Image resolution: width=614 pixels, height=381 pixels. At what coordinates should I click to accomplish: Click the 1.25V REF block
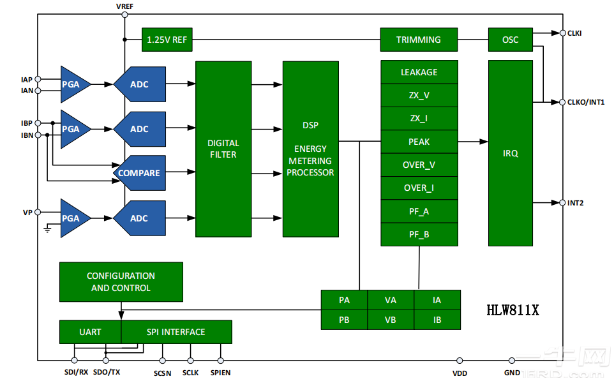[x=167, y=40]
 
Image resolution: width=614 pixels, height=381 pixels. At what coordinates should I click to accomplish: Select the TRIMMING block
[x=419, y=40]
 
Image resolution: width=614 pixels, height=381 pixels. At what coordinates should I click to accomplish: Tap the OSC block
[x=510, y=40]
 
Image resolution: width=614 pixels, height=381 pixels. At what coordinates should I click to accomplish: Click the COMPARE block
[x=139, y=173]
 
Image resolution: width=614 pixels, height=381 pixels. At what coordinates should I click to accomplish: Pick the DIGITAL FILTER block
[x=223, y=149]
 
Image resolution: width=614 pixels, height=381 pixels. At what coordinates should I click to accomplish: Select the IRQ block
[x=510, y=153]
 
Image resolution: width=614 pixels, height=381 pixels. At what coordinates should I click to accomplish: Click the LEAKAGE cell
[x=419, y=72]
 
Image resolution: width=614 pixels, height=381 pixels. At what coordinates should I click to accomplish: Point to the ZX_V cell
[x=419, y=95]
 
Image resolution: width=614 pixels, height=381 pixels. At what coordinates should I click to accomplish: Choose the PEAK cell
[x=419, y=142]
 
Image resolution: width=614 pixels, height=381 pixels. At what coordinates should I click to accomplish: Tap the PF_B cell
[x=419, y=234]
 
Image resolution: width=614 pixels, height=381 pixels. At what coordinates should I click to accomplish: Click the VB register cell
[x=391, y=320]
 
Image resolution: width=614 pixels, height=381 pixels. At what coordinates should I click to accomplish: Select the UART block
[x=90, y=332]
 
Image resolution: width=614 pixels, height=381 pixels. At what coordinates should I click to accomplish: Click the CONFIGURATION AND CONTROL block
[x=121, y=282]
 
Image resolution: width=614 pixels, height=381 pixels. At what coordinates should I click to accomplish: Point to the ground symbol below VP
[x=47, y=229]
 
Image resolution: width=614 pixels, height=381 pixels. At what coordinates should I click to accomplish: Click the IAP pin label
[x=26, y=80]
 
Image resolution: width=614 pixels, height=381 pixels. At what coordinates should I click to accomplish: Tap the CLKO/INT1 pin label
[x=585, y=102]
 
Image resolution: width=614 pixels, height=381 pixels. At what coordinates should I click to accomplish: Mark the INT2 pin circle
[x=562, y=203]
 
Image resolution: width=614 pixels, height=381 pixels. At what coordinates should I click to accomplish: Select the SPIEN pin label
[x=220, y=373]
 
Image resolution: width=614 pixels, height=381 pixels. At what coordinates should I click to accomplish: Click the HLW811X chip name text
[x=513, y=311]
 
